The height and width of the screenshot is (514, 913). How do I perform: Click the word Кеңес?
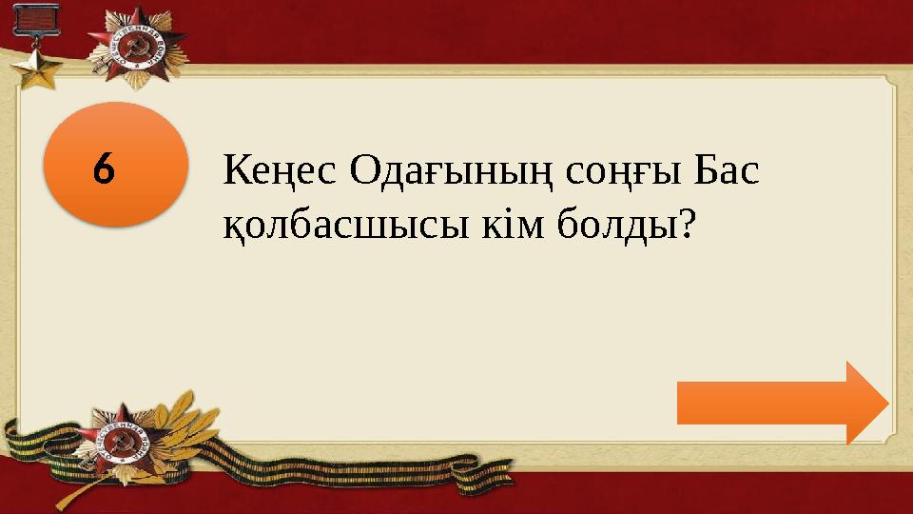280,173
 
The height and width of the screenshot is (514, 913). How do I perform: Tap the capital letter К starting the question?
235,173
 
